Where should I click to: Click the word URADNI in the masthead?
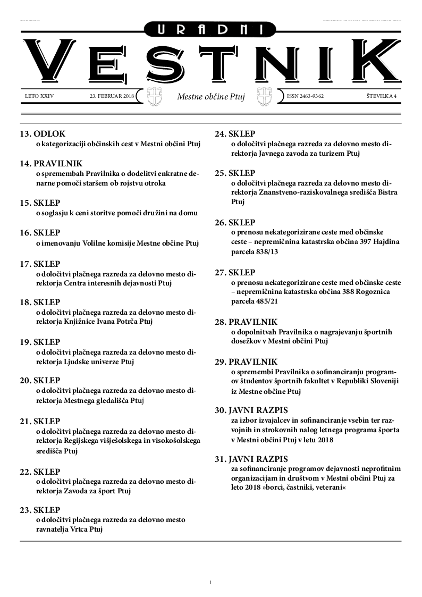[211, 30]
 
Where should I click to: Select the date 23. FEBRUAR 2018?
[112, 96]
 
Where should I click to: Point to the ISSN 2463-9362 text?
[305, 96]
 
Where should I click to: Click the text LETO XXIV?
[39, 96]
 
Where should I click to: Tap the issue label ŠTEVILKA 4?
[382, 96]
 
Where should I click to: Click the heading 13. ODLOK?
[43, 134]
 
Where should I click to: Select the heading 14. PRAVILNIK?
[52, 163]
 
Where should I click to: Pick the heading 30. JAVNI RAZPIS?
[251, 410]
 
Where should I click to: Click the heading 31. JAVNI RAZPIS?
[251, 459]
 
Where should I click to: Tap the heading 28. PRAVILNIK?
[246, 322]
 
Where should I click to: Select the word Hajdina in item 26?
[383, 242]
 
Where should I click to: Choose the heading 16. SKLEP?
[40, 233]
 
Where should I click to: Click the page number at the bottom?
[211, 583]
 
